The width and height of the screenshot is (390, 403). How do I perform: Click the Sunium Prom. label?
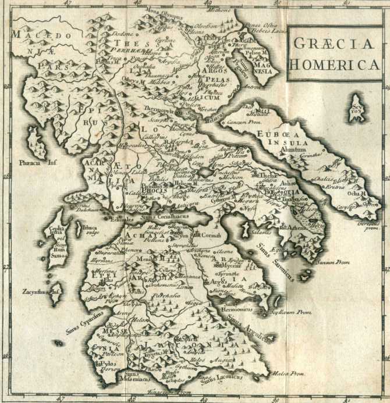334,263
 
